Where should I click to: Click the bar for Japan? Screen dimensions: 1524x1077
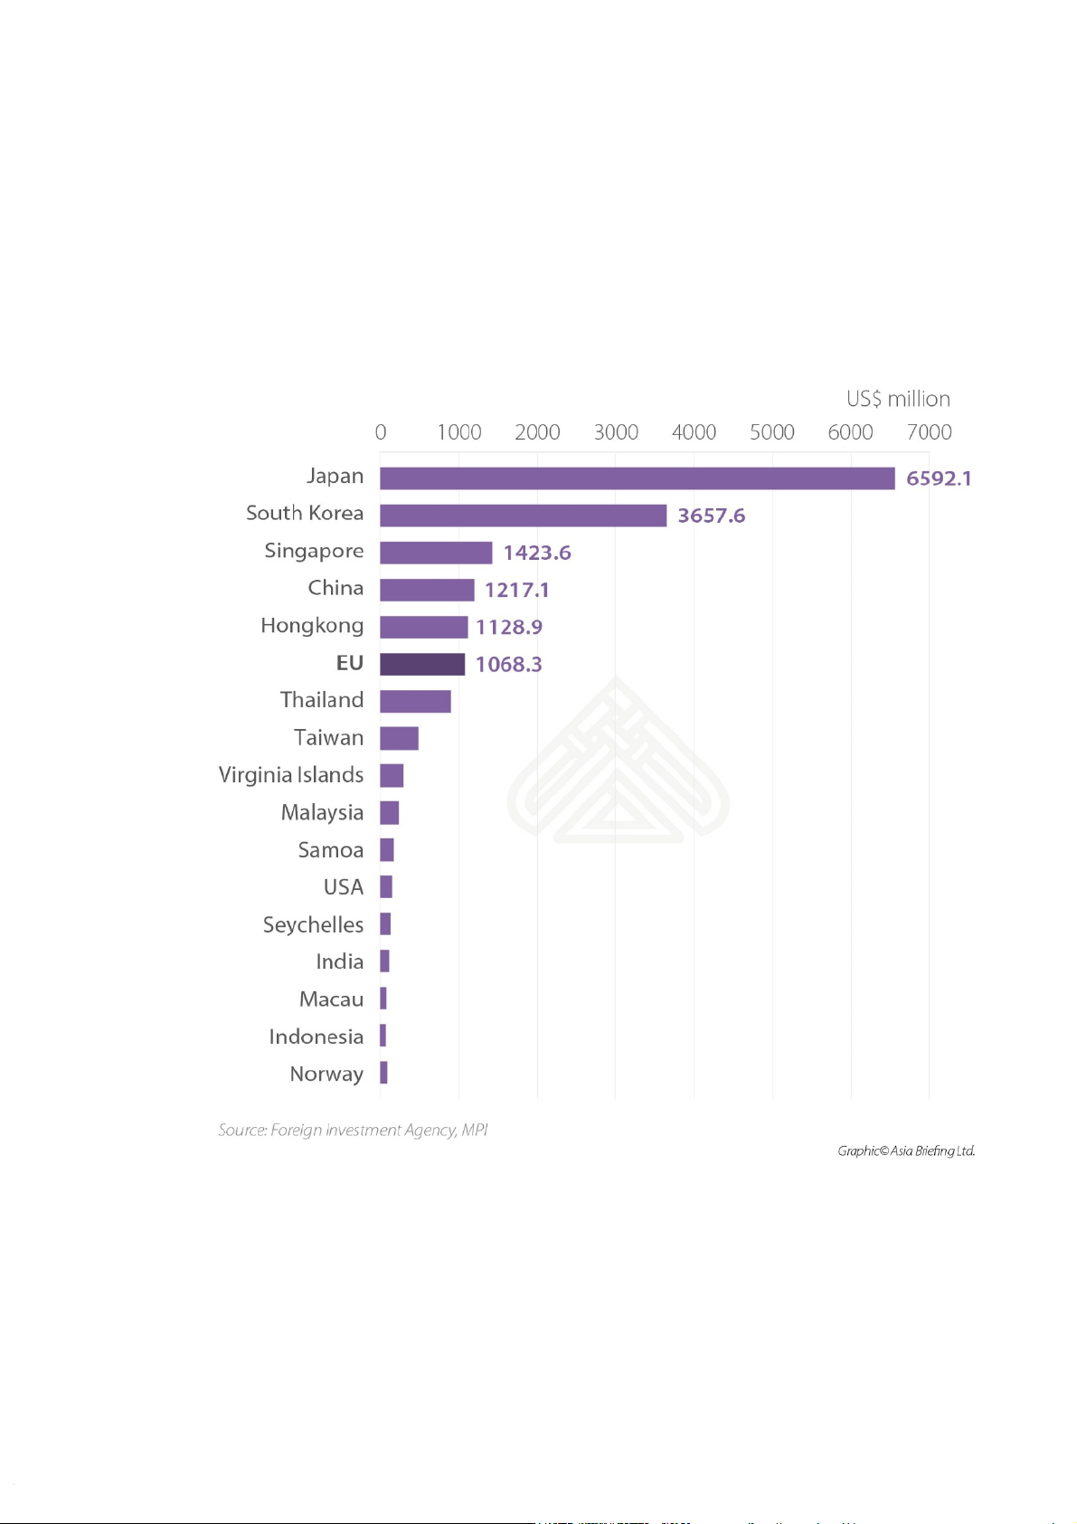(x=637, y=478)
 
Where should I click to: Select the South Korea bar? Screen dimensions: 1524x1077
(x=523, y=516)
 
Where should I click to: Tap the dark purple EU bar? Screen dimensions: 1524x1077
(x=422, y=664)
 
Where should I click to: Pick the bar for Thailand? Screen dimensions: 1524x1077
(x=415, y=701)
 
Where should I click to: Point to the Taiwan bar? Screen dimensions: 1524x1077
(x=399, y=738)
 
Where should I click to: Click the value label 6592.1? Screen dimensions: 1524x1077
(x=939, y=478)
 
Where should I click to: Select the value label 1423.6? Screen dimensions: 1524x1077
(x=537, y=553)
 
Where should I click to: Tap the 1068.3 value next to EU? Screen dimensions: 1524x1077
(x=508, y=665)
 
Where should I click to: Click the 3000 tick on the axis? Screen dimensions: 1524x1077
(x=616, y=432)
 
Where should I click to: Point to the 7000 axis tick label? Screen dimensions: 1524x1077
(x=929, y=432)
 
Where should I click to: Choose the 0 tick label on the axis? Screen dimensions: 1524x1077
(x=381, y=432)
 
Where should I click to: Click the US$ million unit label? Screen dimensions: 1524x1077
(x=898, y=399)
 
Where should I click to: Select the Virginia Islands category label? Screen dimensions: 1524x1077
(x=291, y=775)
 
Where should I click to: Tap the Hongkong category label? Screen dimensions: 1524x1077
(x=312, y=626)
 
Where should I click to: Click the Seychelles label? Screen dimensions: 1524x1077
(x=313, y=924)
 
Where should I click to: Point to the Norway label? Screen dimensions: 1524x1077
(x=326, y=1074)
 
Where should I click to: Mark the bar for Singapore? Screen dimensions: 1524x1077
(x=436, y=553)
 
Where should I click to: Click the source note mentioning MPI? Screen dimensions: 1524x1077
(x=353, y=1130)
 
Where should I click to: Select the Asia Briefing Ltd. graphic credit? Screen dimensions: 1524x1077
(x=906, y=1150)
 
